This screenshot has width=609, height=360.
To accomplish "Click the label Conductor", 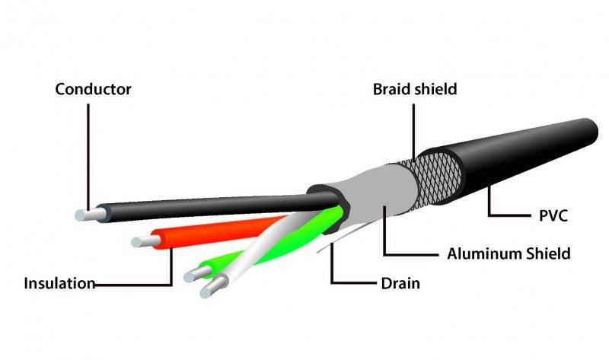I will (x=93, y=89).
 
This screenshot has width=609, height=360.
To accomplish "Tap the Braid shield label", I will (x=414, y=89).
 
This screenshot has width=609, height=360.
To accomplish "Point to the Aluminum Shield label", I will (x=509, y=253).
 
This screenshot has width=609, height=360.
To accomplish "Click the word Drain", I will (x=400, y=285).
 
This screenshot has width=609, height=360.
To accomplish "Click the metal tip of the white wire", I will (x=208, y=288).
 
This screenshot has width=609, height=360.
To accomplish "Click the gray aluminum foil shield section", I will (x=373, y=201).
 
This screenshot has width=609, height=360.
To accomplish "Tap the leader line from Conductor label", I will (x=88, y=152).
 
